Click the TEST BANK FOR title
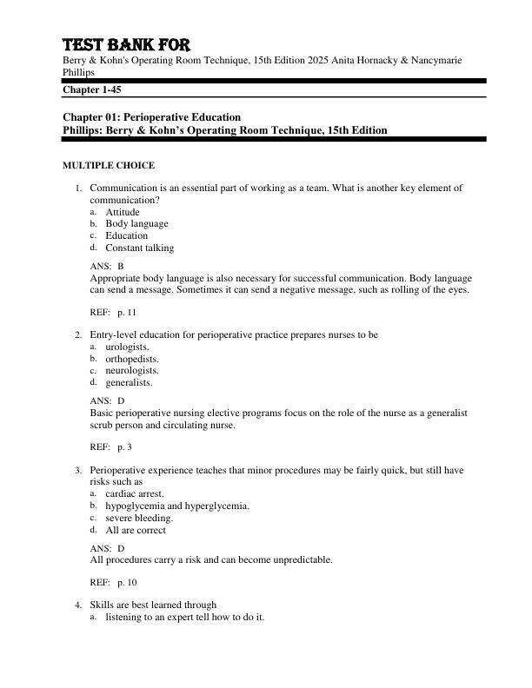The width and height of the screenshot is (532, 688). pos(126,44)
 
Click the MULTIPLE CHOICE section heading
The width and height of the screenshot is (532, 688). pos(109,165)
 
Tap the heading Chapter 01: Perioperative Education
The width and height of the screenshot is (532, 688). pos(151,117)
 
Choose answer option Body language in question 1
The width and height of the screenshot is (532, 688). pos(136,223)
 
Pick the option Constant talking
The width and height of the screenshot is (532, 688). pos(139,248)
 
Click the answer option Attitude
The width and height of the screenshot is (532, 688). pos(123,212)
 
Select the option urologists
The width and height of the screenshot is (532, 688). pos(127,347)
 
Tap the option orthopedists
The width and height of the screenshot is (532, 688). pos(132,358)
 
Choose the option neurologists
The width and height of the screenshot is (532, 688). pos(131,370)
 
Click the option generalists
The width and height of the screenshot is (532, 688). pos(129,382)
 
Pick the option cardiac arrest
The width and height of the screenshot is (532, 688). pos(134,493)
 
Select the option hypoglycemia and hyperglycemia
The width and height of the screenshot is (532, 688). pos(177,506)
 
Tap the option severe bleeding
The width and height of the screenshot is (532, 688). pos(139,518)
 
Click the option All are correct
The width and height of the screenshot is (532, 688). pos(136,530)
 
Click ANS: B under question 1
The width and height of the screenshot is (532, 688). pos(107,266)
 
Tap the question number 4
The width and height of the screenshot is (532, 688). pos(77,605)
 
